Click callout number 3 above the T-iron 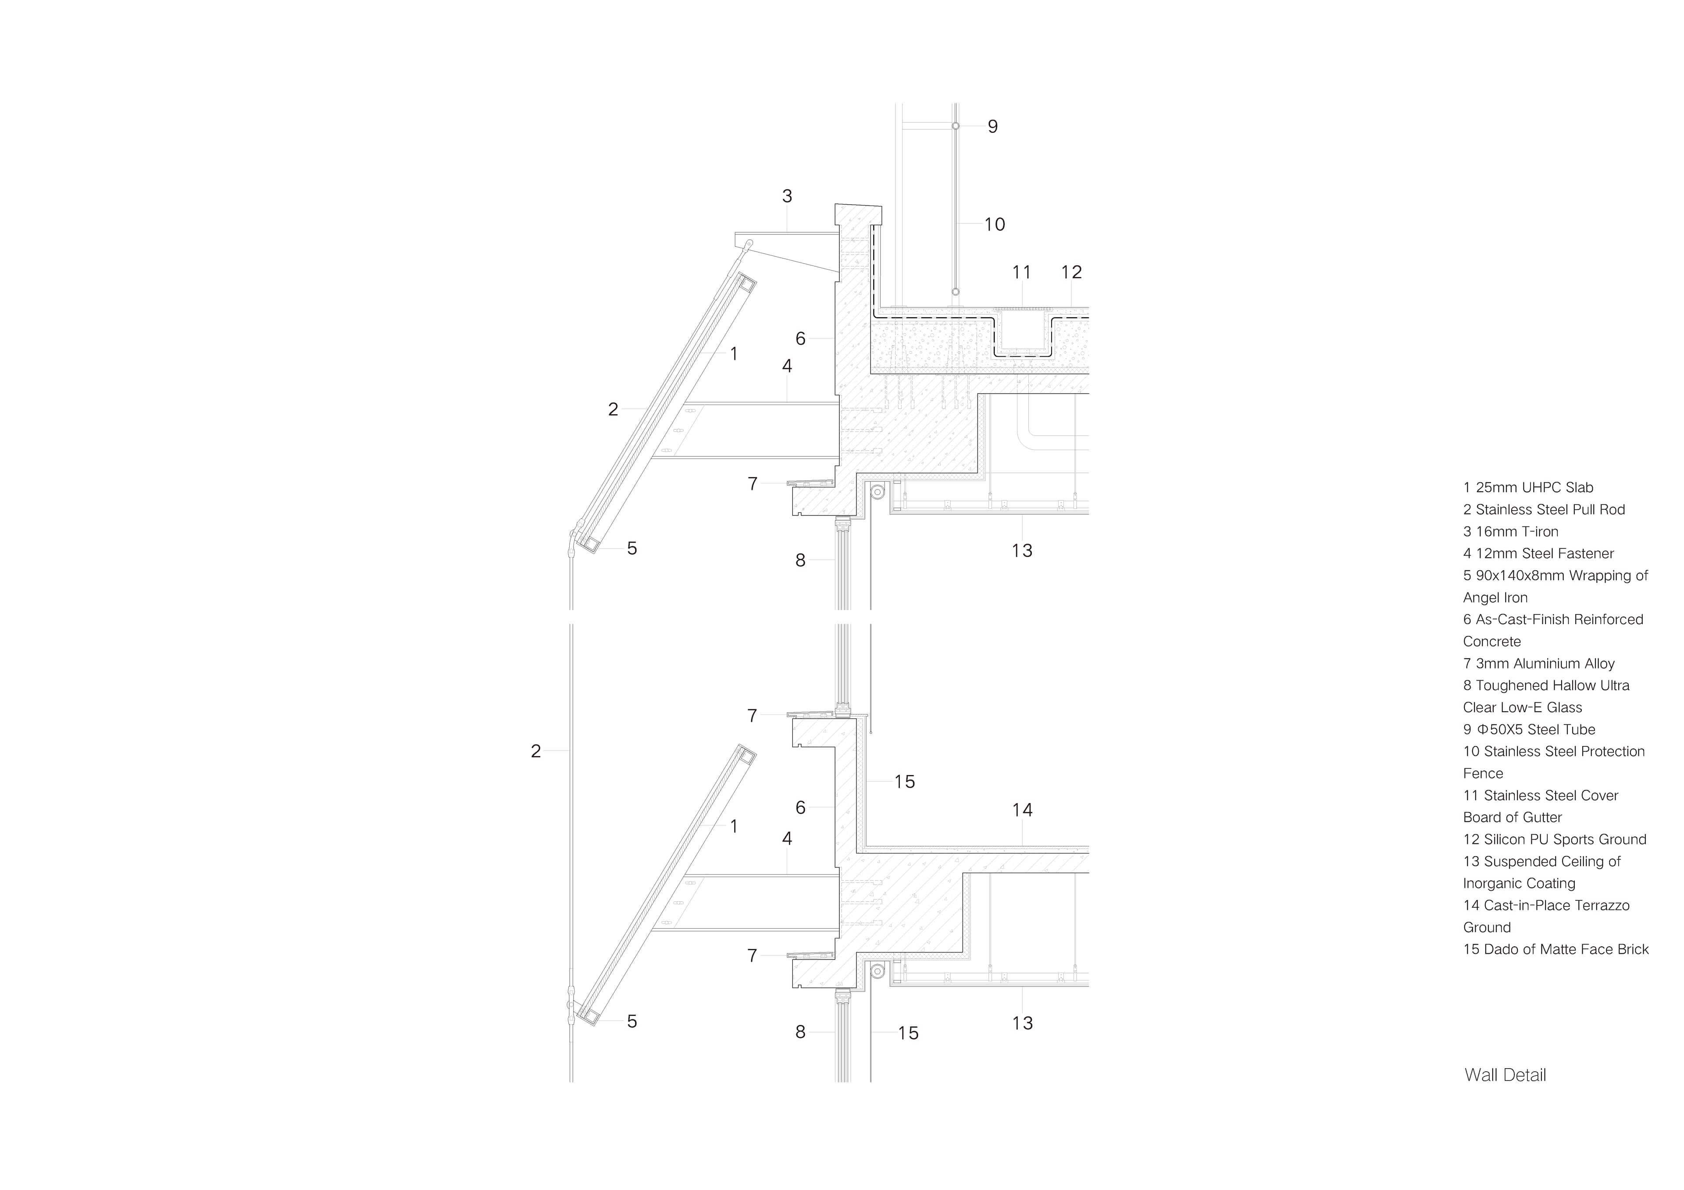(x=787, y=196)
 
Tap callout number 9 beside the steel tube (x=992, y=127)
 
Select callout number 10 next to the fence (x=995, y=224)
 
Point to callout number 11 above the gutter (x=1022, y=273)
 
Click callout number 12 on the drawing (x=1071, y=273)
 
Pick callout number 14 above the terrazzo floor (x=1022, y=810)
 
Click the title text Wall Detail (x=1505, y=1076)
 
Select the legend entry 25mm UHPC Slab (x=1528, y=487)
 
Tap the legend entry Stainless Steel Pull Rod (x=1544, y=510)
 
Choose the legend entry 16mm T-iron (x=1511, y=532)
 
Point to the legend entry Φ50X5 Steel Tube (x=1529, y=729)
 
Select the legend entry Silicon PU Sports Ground (x=1555, y=839)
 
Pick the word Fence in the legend (x=1483, y=774)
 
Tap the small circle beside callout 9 (x=956, y=126)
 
